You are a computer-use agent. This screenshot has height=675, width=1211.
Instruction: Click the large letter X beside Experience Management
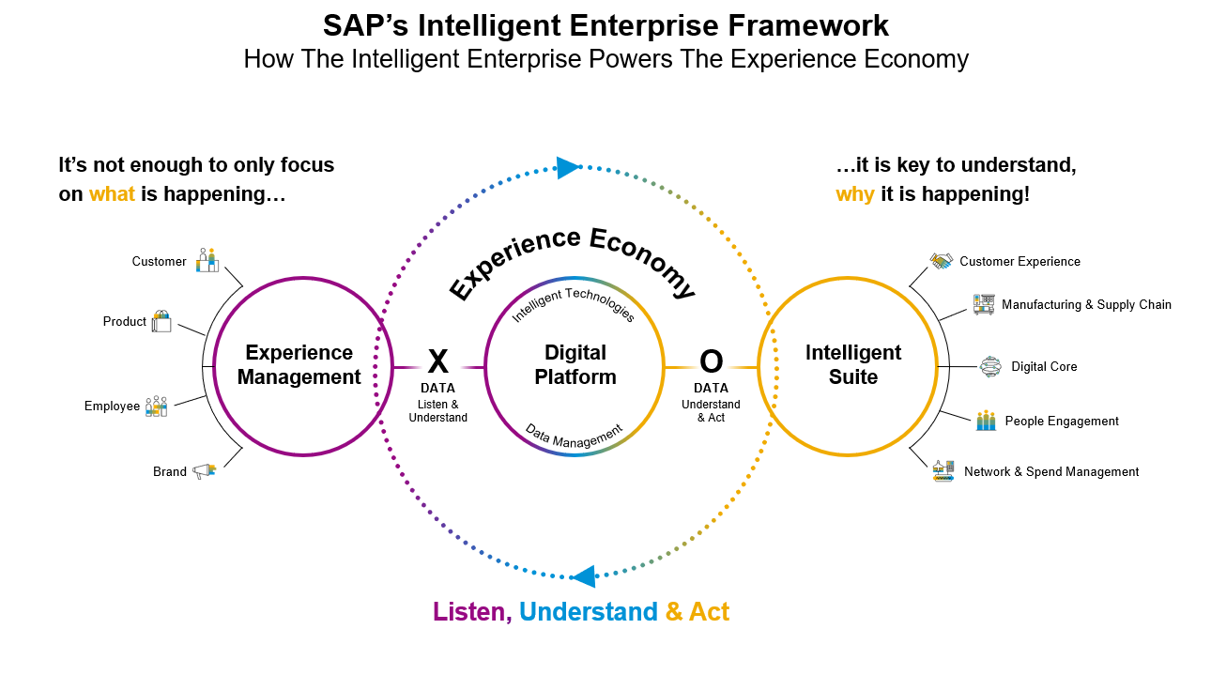[437, 362]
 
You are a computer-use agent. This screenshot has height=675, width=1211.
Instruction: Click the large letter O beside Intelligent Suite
[712, 362]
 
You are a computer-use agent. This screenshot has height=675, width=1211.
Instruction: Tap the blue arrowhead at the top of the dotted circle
[568, 168]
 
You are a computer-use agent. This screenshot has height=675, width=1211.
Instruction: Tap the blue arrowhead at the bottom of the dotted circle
[583, 575]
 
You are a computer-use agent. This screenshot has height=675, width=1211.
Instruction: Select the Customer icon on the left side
[207, 261]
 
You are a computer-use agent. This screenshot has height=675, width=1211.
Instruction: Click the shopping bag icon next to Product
[161, 321]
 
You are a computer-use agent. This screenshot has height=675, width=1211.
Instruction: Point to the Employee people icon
[156, 406]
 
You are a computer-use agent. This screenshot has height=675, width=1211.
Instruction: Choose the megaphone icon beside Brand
[204, 470]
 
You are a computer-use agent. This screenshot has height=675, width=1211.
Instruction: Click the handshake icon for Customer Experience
[942, 261]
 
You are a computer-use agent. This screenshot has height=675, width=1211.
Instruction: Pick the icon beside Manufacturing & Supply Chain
[984, 304]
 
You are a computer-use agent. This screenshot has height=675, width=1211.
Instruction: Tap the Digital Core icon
[990, 366]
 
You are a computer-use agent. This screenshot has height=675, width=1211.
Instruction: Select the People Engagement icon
[986, 421]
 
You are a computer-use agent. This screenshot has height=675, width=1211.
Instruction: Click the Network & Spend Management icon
[943, 471]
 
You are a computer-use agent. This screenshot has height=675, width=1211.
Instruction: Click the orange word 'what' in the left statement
[112, 195]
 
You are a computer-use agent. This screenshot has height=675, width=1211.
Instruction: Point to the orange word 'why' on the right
[855, 195]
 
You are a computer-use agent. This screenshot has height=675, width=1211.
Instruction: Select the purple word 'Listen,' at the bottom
[472, 612]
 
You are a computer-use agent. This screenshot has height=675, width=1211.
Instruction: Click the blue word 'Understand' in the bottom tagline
[588, 612]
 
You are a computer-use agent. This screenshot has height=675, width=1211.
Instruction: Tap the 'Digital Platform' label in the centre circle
[575, 365]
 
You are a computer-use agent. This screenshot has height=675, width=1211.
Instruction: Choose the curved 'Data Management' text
[574, 434]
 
